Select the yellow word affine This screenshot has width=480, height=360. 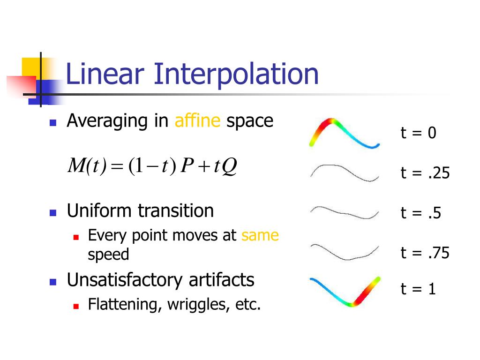pyautogui.click(x=197, y=121)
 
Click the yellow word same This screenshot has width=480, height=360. pyautogui.click(x=260, y=235)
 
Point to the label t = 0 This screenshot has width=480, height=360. pyautogui.click(x=418, y=133)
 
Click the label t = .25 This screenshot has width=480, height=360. pyautogui.click(x=425, y=173)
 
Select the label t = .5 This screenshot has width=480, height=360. pyautogui.click(x=420, y=213)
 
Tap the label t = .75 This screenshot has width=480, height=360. pyautogui.click(x=425, y=253)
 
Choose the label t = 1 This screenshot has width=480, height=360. pyautogui.click(x=418, y=289)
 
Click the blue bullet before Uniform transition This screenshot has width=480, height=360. pyautogui.click(x=53, y=212)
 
